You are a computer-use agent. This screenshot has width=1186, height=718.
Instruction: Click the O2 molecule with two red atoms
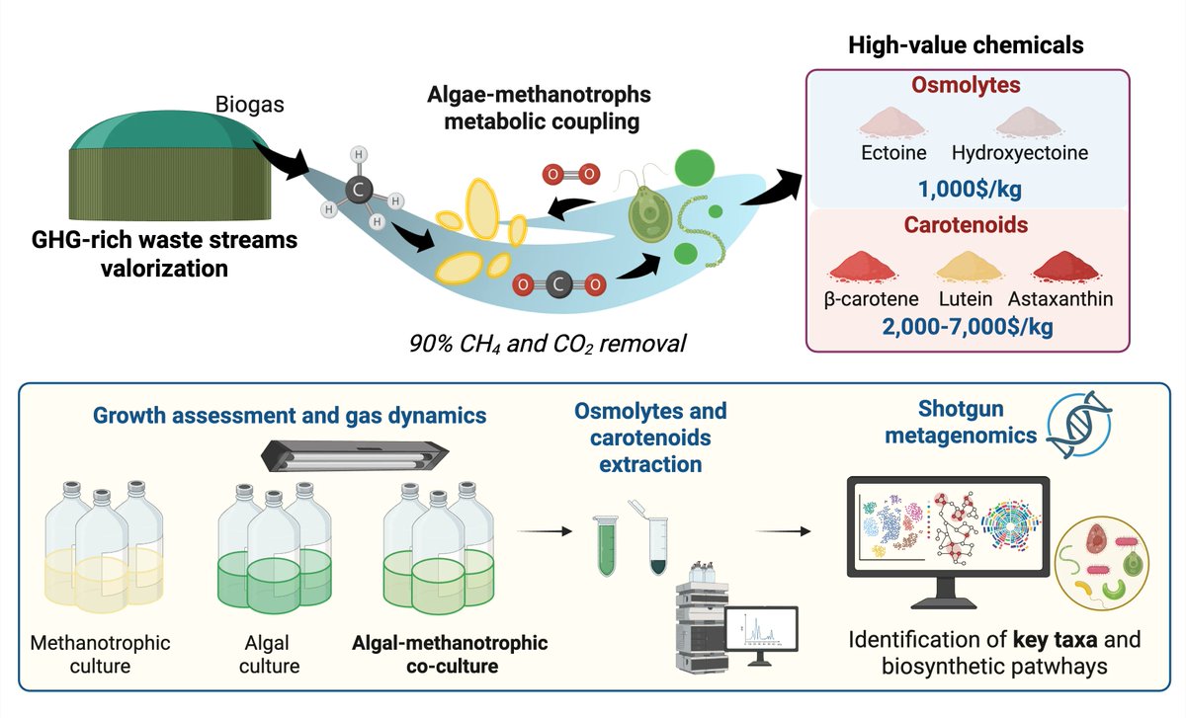click(x=571, y=175)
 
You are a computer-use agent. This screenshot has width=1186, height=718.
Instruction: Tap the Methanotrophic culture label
click(x=101, y=653)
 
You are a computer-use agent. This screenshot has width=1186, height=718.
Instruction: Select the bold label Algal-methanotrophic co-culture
click(x=449, y=653)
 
